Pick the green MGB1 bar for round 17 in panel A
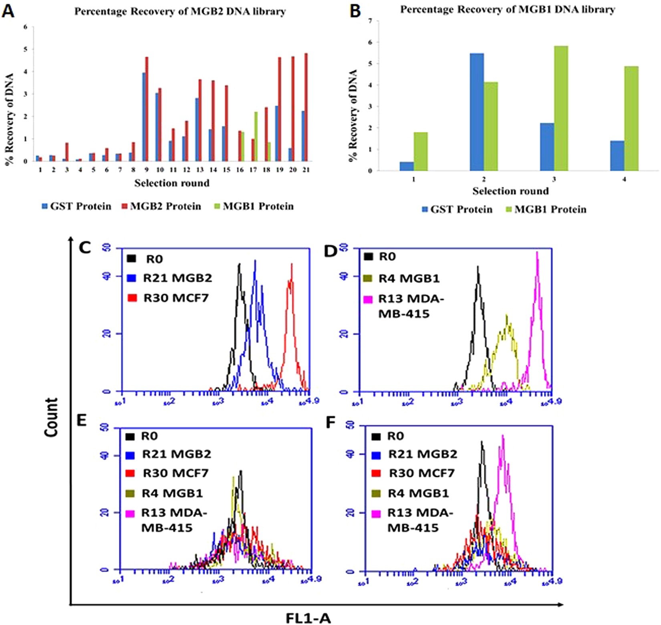[256, 137]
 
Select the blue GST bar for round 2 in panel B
[476, 112]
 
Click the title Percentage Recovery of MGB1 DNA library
[508, 10]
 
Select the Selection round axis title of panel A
[171, 183]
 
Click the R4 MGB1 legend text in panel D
[409, 278]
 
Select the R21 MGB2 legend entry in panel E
[176, 454]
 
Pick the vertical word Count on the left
[51, 417]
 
